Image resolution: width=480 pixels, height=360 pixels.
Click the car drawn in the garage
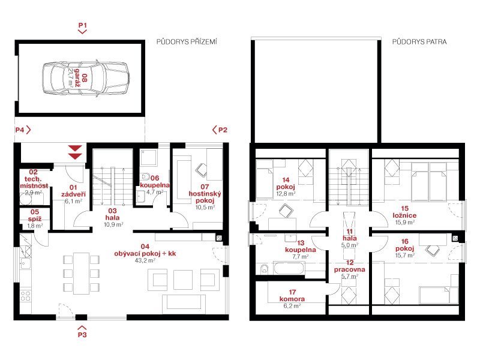[x=85, y=79]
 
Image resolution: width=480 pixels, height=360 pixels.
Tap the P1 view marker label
[x=83, y=25]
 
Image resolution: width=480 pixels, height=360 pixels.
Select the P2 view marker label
[x=223, y=130]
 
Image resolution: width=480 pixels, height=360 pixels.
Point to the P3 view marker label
[x=82, y=335]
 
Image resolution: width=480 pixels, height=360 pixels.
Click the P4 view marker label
[x=20, y=130]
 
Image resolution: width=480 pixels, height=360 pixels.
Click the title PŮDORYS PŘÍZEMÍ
[x=187, y=41]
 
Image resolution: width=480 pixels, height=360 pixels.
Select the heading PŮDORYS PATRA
[x=419, y=41]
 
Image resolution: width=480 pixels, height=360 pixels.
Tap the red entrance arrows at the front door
[x=75, y=152]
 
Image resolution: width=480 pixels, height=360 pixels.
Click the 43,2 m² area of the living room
[x=145, y=260]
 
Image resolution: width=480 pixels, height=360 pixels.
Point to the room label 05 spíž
[x=35, y=215]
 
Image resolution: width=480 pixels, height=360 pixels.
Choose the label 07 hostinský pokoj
[x=205, y=193]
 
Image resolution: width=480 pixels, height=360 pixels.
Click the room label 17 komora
[x=292, y=295]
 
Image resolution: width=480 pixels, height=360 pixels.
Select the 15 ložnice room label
[x=404, y=212]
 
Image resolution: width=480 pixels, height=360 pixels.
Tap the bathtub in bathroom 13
[x=289, y=268]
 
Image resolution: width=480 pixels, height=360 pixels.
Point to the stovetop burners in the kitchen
[x=25, y=296]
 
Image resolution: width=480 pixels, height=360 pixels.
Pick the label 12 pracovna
[x=350, y=266]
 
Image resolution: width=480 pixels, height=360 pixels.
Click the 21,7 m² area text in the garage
[x=70, y=78]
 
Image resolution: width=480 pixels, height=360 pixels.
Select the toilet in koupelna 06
[x=145, y=176]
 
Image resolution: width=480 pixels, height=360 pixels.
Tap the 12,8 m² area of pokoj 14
[x=286, y=194]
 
